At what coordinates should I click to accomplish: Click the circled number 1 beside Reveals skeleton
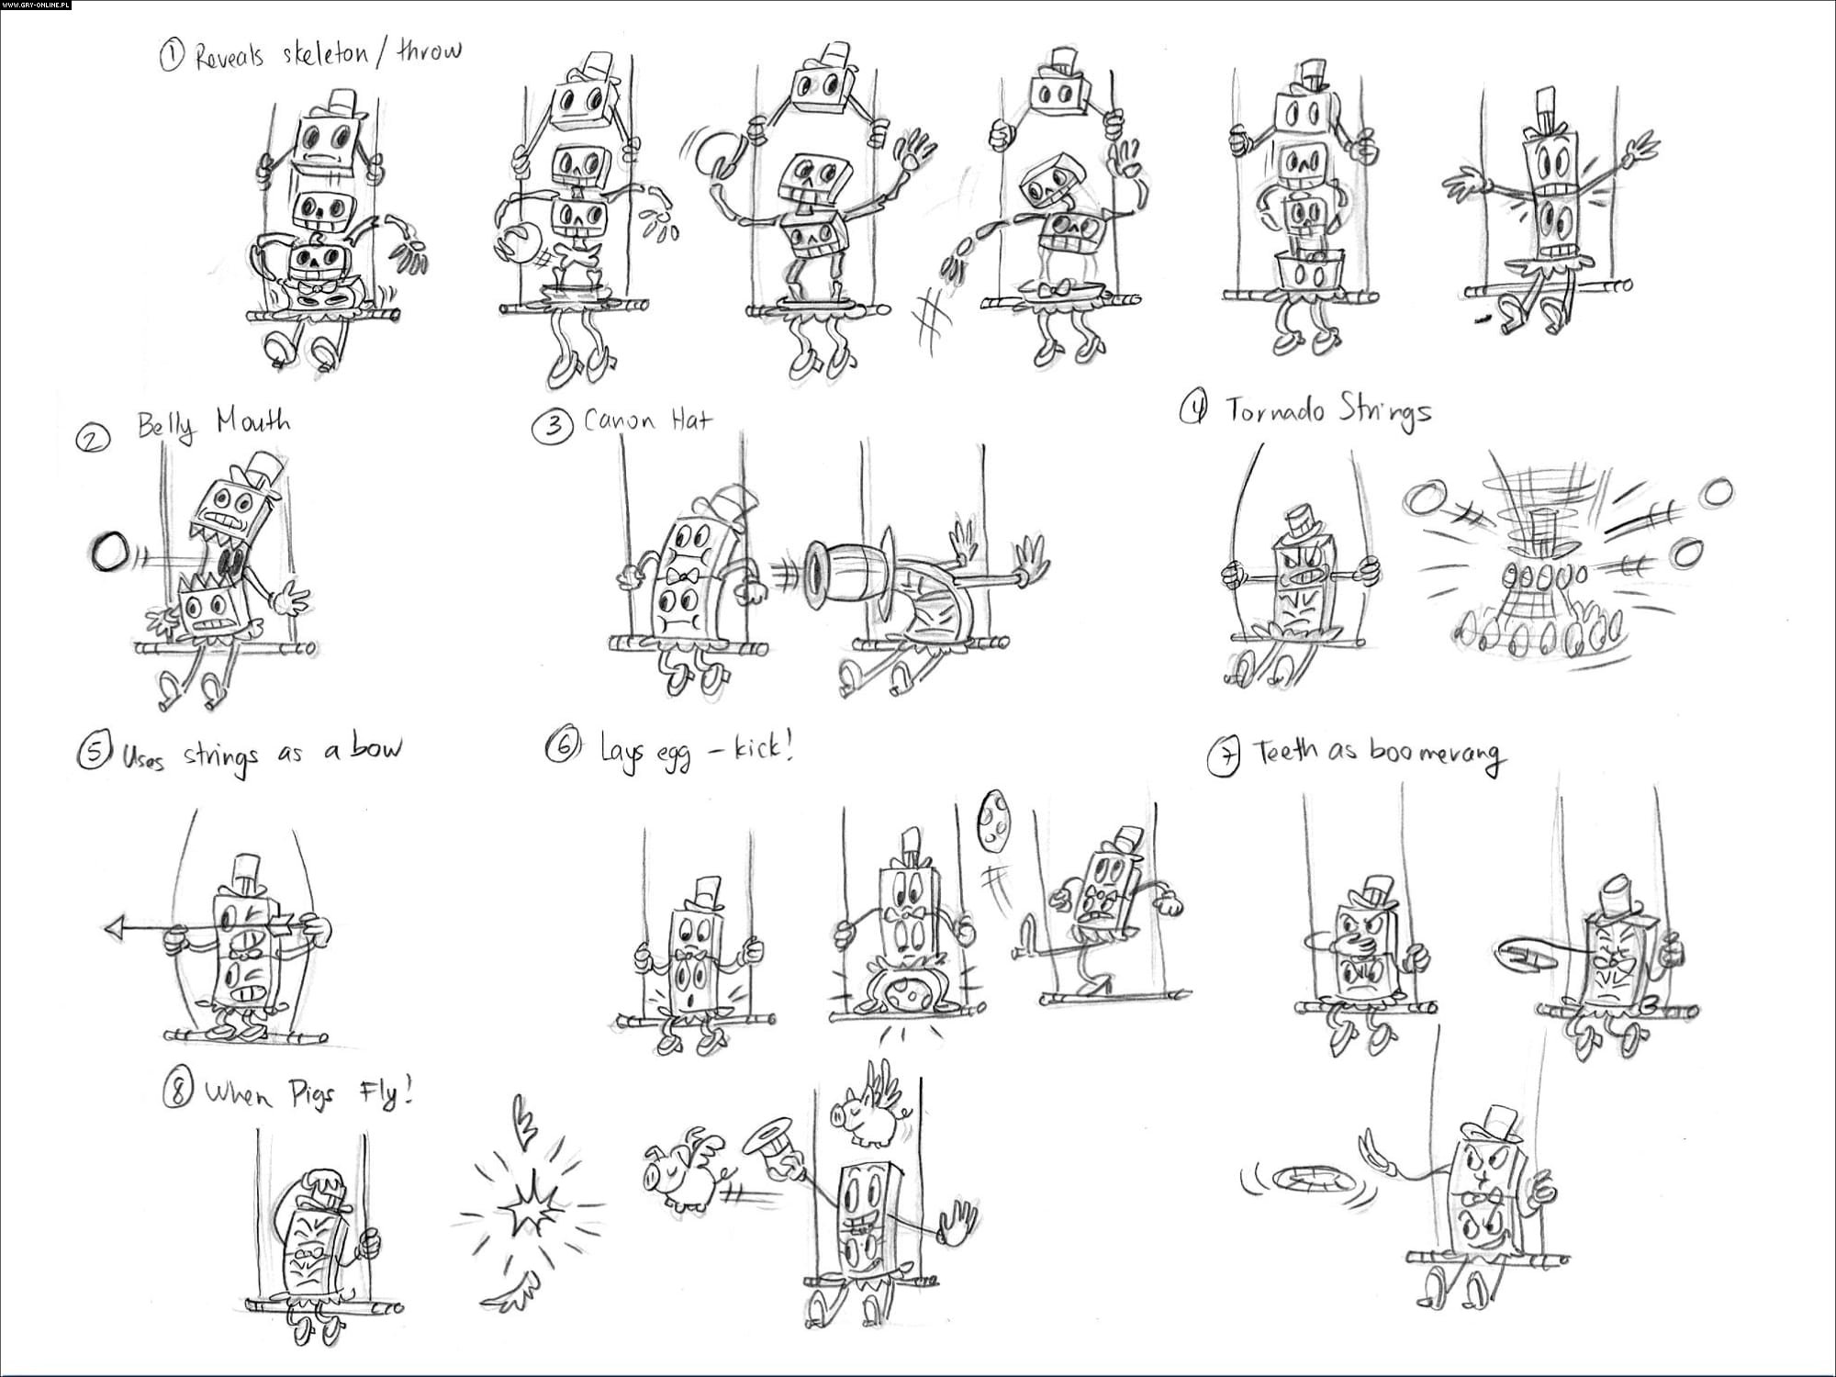(x=171, y=57)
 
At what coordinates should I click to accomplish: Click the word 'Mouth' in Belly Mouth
(x=253, y=421)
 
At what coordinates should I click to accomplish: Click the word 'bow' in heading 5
(x=376, y=749)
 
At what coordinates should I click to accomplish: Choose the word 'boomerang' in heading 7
(x=1438, y=756)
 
